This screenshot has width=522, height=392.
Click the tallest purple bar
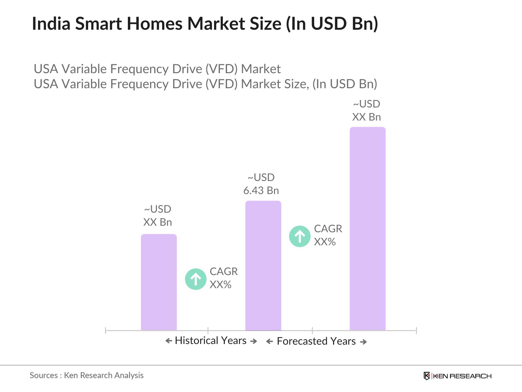pos(367,229)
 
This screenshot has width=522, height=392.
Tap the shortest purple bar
pos(159,282)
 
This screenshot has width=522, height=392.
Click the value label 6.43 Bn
pos(261,190)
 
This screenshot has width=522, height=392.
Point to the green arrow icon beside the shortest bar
pos(196,279)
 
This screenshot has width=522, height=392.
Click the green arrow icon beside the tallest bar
pos(299,236)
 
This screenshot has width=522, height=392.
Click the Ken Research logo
pos(457,376)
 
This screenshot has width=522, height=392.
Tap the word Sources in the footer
pos(44,375)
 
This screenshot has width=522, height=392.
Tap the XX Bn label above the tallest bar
pos(366,117)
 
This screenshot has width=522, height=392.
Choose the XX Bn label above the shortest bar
pos(158,222)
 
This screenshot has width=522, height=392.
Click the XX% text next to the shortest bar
pos(221,285)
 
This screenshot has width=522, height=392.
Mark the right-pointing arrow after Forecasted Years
pos(363,342)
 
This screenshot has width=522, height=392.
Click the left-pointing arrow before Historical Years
pos(169,341)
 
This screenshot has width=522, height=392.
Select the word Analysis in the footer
pos(129,375)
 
